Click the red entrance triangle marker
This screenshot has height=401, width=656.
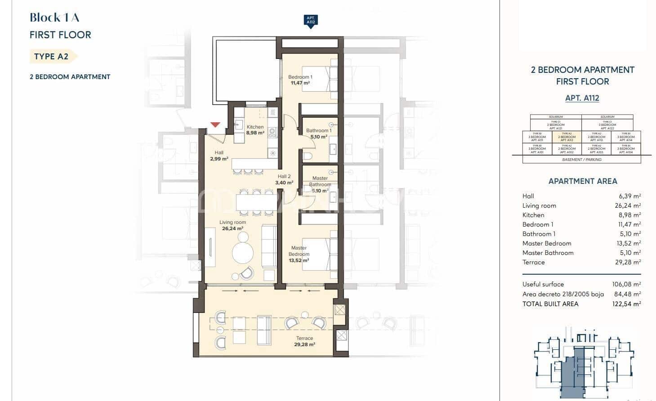[215, 125]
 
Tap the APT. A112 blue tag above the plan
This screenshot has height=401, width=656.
[310, 21]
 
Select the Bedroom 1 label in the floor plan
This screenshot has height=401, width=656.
[300, 80]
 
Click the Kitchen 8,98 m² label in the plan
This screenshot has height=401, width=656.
[255, 130]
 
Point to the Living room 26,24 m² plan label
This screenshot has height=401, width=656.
[232, 225]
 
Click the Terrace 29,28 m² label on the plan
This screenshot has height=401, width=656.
[304, 341]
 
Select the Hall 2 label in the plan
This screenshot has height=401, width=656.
[284, 179]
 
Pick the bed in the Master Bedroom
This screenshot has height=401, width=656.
[320, 254]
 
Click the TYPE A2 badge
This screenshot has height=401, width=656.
[51, 56]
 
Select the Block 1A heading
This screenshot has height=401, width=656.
[54, 18]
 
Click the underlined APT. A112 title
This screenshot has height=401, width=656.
[582, 98]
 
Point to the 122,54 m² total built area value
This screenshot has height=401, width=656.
[627, 304]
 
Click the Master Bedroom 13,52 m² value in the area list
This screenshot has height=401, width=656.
[629, 243]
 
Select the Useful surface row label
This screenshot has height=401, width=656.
[543, 284]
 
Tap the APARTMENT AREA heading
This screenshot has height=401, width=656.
[582, 181]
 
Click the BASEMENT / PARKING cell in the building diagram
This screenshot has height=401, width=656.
[581, 160]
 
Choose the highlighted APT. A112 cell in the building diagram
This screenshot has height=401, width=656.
[569, 137]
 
